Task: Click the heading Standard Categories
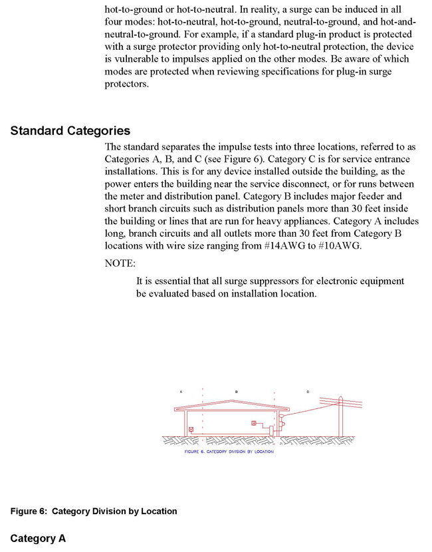pos(70,130)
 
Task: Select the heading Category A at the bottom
pos(38,538)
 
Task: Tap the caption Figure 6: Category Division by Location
pos(94,511)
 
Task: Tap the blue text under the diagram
pos(229,452)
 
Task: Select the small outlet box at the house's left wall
pos(191,430)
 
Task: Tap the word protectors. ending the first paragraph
pos(127,84)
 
